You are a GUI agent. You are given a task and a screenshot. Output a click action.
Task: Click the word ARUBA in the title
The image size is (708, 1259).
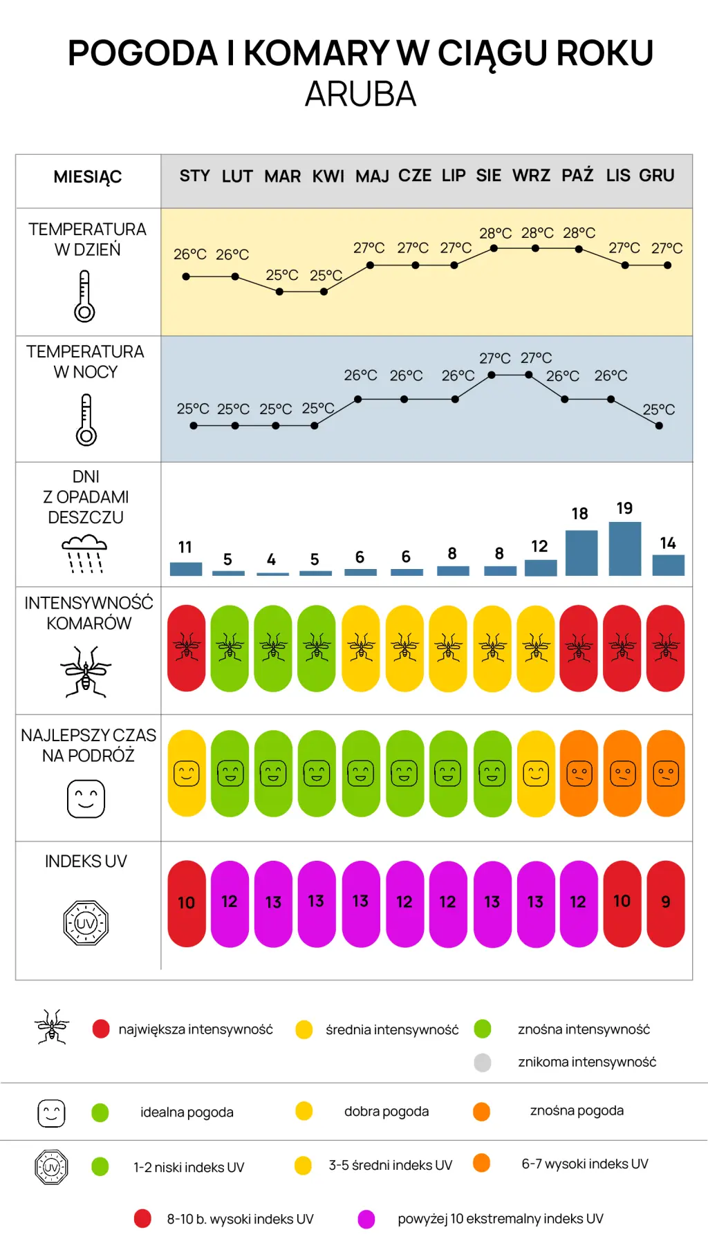click(360, 94)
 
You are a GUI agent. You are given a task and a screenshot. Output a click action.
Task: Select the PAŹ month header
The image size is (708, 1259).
click(577, 175)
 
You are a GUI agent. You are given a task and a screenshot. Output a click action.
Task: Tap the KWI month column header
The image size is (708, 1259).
click(328, 176)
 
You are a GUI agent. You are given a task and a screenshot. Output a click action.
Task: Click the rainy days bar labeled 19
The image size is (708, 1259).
click(625, 549)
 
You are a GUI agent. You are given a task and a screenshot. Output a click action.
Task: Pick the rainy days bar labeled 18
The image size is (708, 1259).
click(581, 553)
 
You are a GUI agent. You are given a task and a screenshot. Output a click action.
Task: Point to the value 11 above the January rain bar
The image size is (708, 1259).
click(185, 547)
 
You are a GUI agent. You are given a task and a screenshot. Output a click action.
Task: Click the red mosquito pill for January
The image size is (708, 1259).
click(187, 649)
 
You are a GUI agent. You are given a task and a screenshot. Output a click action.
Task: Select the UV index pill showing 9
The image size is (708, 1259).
click(666, 904)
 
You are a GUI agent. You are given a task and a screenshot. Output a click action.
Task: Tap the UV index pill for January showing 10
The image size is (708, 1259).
click(187, 904)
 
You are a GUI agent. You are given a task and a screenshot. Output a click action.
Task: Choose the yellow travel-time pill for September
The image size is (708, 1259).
click(536, 774)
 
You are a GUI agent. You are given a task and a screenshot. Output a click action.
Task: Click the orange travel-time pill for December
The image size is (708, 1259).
click(666, 774)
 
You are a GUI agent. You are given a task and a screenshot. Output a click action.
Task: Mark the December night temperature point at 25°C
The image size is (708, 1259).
click(659, 426)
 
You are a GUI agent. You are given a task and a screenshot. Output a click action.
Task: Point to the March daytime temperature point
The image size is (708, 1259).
click(279, 292)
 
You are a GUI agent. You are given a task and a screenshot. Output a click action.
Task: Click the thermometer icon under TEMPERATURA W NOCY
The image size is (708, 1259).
click(86, 420)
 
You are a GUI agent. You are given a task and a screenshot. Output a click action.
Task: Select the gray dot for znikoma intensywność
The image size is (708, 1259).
click(483, 1062)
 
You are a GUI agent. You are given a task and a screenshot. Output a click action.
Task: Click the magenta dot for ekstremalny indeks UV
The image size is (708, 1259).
click(366, 1220)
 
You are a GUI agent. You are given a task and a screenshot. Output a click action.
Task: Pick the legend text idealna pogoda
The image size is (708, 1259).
click(187, 1112)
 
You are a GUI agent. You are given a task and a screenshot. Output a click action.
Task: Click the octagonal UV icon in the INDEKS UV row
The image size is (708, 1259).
click(86, 923)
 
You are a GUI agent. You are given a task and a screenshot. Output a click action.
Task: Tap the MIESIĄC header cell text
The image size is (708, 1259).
click(88, 178)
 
